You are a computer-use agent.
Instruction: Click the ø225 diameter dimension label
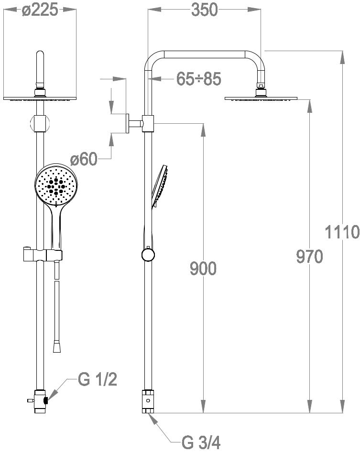click(40, 11)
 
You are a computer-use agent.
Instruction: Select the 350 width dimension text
click(204, 10)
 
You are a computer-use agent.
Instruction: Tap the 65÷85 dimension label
click(199, 79)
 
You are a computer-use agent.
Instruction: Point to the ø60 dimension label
click(84, 159)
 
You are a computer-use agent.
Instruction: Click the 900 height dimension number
click(203, 269)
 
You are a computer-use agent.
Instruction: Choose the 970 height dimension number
click(309, 257)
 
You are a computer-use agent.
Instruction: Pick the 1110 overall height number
click(342, 232)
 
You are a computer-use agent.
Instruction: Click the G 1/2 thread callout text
click(98, 379)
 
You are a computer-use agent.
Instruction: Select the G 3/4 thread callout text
click(201, 442)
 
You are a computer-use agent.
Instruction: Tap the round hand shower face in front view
click(56, 185)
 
